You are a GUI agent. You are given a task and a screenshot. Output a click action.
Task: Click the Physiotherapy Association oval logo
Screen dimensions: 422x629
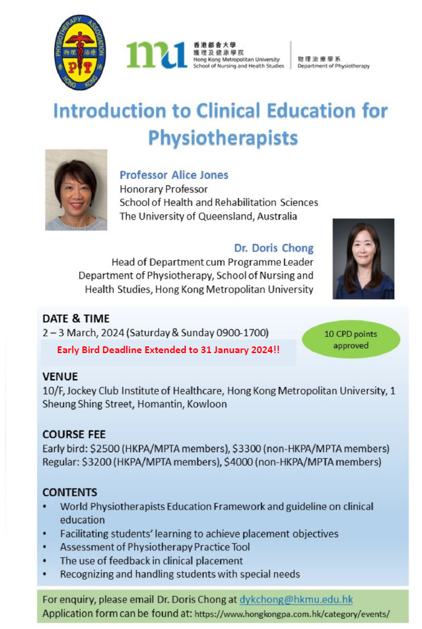80,52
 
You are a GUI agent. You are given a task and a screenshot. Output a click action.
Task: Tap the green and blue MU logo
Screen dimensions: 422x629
157,54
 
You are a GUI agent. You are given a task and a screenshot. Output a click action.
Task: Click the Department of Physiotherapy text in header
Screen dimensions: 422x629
333,66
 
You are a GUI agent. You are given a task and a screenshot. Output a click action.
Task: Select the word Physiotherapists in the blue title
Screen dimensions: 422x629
223,138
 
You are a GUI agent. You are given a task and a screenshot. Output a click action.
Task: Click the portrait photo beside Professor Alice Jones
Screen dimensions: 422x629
76,190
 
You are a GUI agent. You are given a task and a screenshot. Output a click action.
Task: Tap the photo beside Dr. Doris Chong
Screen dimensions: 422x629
364,259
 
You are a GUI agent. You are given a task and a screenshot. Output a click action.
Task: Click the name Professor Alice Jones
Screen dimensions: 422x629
174,175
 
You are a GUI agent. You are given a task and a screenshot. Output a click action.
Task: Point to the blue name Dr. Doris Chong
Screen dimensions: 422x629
274,248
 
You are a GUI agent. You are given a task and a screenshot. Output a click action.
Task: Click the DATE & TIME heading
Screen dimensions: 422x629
76,319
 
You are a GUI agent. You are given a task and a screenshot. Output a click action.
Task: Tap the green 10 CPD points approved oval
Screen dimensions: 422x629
351,340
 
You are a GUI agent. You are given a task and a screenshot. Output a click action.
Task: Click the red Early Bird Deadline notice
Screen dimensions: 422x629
168,350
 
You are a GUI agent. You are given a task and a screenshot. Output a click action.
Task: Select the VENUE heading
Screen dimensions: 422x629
60,377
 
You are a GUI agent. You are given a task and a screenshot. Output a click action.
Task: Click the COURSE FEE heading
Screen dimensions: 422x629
74,434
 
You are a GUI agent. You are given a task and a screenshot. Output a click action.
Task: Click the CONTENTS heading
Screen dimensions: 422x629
70,492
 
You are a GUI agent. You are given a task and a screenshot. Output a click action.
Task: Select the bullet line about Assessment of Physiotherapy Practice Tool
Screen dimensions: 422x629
155,547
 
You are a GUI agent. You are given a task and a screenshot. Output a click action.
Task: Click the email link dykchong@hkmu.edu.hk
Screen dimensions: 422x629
296,599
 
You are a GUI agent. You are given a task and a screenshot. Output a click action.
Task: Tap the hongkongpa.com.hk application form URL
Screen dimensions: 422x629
292,614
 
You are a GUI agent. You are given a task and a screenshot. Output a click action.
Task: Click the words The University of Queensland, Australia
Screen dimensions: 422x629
208,216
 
